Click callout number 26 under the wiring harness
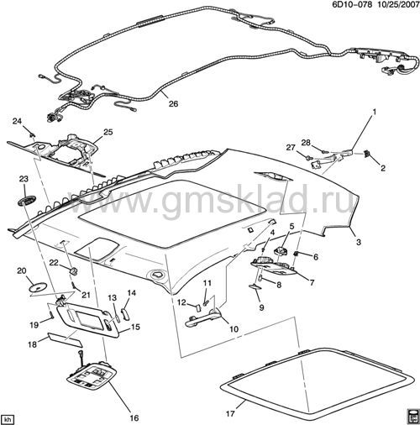(x=174, y=104)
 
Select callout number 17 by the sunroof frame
(x=230, y=413)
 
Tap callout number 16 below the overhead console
(x=134, y=418)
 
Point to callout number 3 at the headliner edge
(x=359, y=242)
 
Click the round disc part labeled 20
(x=37, y=286)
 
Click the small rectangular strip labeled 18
(x=66, y=340)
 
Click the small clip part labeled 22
(x=73, y=270)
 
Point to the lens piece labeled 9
(x=255, y=286)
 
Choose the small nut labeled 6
(x=296, y=254)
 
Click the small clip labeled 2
(x=367, y=154)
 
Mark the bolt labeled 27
(x=308, y=158)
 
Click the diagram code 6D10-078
(x=352, y=4)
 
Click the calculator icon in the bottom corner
(x=413, y=417)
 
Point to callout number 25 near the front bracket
(x=108, y=132)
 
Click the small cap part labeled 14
(x=124, y=313)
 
